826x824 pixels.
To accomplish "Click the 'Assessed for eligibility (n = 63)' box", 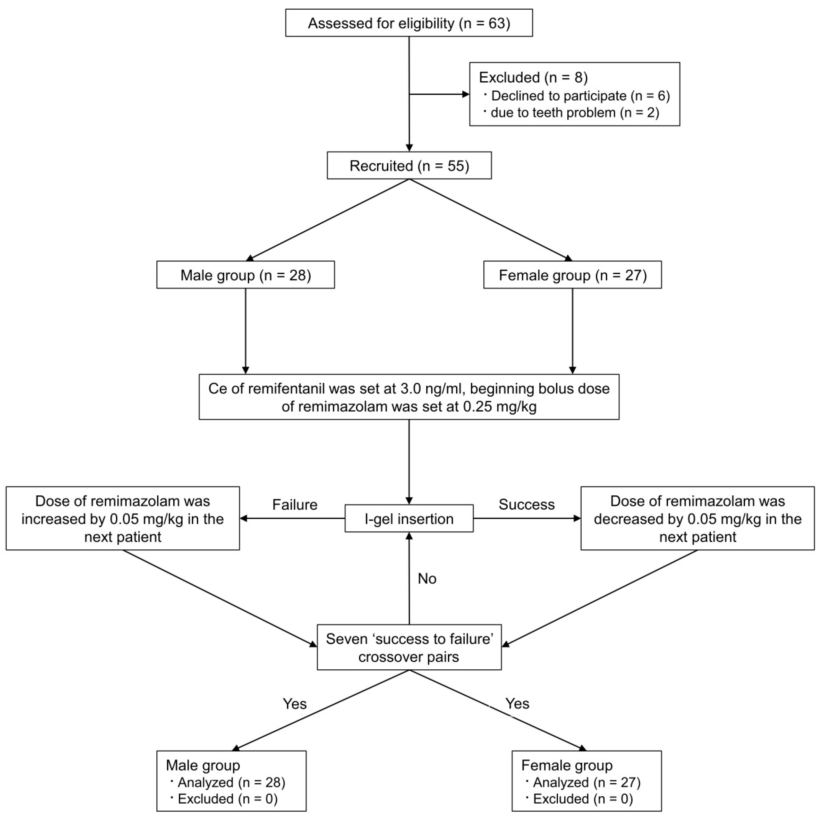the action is point(409,23).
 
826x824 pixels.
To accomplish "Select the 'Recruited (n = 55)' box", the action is point(409,166).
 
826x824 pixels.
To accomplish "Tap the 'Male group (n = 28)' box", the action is point(245,275).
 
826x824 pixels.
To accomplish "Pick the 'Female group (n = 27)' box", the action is point(572,275).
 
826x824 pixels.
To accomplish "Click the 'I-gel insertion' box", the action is point(409,519).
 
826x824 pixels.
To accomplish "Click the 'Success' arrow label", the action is point(527,504).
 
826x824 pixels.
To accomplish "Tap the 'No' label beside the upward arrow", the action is point(427,579).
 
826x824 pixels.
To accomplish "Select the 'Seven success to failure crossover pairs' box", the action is point(409,647).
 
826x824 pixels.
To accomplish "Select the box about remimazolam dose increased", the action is point(123,518).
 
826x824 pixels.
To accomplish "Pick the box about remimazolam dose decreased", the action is point(698,518).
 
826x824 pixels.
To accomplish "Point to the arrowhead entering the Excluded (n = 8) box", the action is point(466,94).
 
